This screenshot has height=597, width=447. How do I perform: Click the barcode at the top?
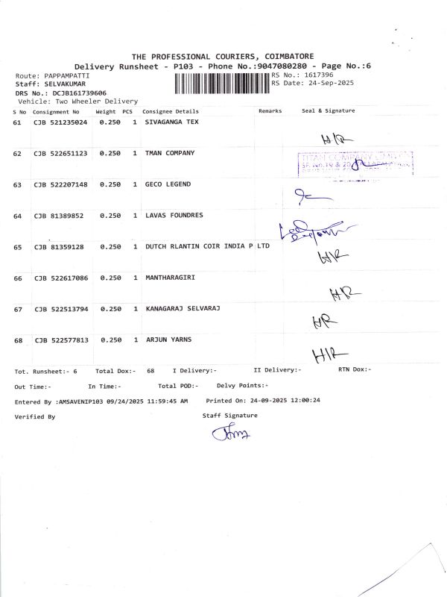pyautogui.click(x=222, y=81)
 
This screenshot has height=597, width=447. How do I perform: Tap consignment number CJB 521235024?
pyautogui.click(x=60, y=122)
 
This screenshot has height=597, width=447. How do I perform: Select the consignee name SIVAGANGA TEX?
pyautogui.click(x=172, y=122)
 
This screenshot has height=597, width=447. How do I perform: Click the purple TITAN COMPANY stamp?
pyautogui.click(x=355, y=163)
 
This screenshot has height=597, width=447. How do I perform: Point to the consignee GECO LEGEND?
pyautogui.click(x=168, y=184)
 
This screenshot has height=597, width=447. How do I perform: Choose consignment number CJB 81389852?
pyautogui.click(x=57, y=216)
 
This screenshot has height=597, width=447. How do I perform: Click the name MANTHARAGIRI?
pyautogui.click(x=170, y=278)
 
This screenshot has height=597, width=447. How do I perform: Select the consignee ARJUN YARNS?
pyautogui.click(x=168, y=340)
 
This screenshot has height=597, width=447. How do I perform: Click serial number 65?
pyautogui.click(x=17, y=246)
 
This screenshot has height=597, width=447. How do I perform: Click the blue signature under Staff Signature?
pyautogui.click(x=231, y=433)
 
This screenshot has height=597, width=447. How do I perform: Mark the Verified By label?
pyautogui.click(x=35, y=416)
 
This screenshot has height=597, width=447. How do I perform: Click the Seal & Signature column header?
pyautogui.click(x=328, y=110)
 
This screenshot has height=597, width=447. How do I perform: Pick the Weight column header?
pyautogui.click(x=105, y=110)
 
